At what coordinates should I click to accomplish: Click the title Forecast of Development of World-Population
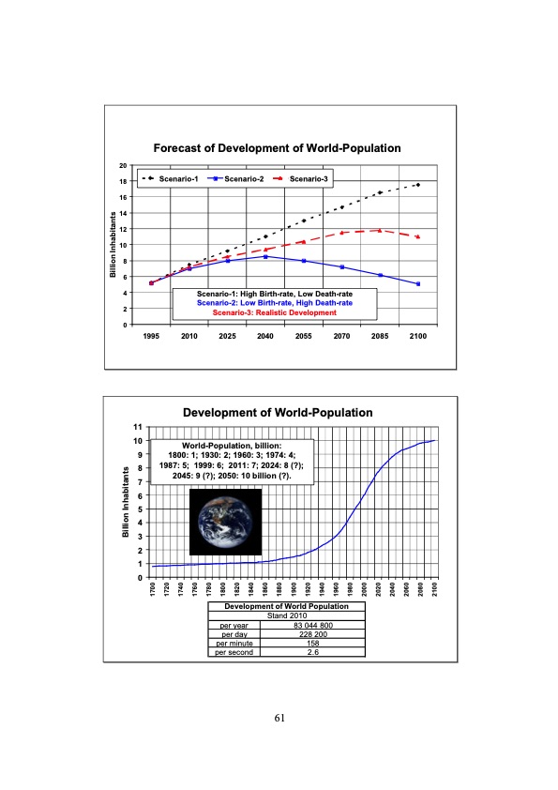click(x=278, y=148)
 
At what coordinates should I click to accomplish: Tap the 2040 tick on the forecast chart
click(x=265, y=335)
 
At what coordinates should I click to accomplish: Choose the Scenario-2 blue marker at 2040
click(x=265, y=256)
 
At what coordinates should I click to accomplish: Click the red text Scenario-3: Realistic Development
click(x=275, y=312)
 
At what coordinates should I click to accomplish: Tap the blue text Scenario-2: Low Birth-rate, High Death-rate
click(x=275, y=303)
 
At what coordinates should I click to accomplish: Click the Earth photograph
click(x=225, y=522)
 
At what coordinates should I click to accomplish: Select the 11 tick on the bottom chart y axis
click(x=137, y=427)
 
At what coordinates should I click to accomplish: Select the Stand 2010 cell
click(x=284, y=616)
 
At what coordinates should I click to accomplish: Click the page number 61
click(x=279, y=718)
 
